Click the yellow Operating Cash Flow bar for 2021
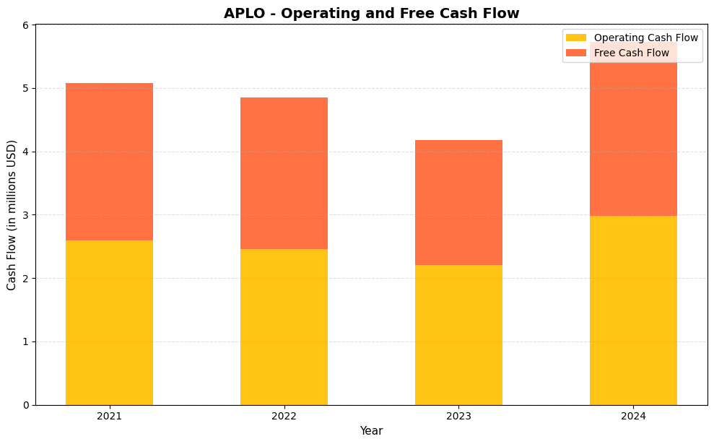coord(109,322)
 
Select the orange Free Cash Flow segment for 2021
coord(109,162)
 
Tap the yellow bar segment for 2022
coord(284,326)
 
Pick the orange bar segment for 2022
coord(284,173)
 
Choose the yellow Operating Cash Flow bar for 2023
coord(458,334)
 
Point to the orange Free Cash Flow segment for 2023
coord(458,202)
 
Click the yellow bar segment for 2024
coord(633,310)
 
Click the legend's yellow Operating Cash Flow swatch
coord(576,38)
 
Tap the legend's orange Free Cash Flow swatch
coord(576,53)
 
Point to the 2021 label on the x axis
coord(109,416)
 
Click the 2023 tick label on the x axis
coord(458,416)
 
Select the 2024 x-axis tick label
coord(633,416)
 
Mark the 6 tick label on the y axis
coord(25,25)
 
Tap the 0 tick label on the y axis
coord(25,405)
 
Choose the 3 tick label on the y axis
coord(25,215)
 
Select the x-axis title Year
coord(371,431)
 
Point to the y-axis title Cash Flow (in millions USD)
coord(12,215)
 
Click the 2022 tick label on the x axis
coord(284,416)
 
